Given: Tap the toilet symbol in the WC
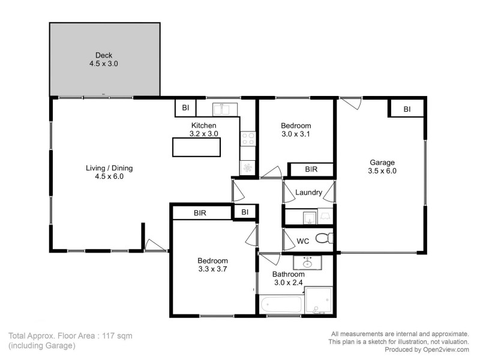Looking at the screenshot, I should tap(325, 238).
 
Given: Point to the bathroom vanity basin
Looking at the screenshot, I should tap(308, 262).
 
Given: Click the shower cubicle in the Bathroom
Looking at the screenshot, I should tap(319, 300).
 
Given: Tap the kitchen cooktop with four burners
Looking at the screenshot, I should tap(248, 139).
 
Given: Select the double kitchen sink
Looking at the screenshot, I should tap(226, 109).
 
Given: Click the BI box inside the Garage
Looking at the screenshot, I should tap(407, 109).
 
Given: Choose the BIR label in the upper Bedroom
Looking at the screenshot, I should tap(311, 170).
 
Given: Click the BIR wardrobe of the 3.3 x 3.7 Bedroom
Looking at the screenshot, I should tap(201, 212).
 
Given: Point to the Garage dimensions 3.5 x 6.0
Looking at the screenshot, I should tap(383, 171).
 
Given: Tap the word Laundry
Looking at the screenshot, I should tap(309, 193).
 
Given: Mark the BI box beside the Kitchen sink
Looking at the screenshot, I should tap(186, 108).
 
